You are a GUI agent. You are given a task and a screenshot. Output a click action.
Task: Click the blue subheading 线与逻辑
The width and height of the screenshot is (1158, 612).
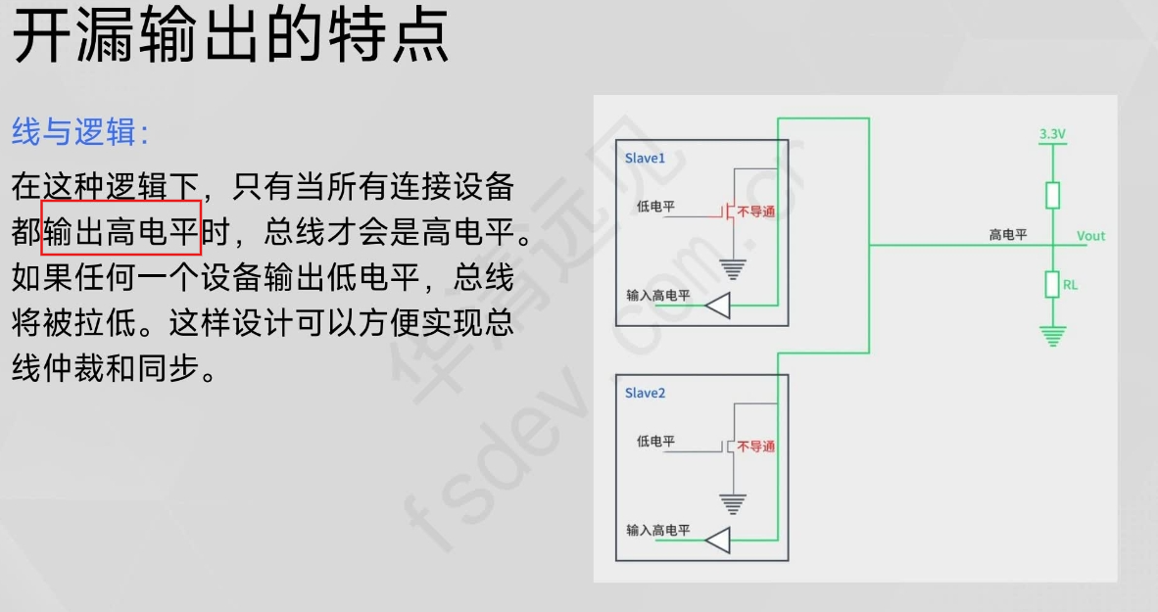click(x=80, y=132)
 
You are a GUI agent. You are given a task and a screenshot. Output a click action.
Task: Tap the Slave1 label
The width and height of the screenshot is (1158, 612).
click(x=645, y=158)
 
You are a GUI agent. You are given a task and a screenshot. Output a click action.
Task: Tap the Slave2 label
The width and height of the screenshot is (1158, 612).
click(x=645, y=393)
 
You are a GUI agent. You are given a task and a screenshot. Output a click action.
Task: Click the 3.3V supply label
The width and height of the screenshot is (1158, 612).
click(x=1052, y=132)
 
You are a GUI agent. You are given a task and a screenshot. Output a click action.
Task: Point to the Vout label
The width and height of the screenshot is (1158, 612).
click(x=1090, y=236)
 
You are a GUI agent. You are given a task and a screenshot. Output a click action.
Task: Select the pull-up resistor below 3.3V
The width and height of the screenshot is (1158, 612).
click(x=1052, y=195)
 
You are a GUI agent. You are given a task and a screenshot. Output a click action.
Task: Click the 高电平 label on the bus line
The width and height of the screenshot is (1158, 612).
click(x=1007, y=235)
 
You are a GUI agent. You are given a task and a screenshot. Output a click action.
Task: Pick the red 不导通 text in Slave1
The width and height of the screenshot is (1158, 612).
click(x=755, y=212)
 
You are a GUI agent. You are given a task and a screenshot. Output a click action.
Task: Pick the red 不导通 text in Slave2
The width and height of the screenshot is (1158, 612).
click(x=755, y=447)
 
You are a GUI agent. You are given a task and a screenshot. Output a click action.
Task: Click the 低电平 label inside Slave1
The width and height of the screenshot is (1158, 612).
click(x=655, y=207)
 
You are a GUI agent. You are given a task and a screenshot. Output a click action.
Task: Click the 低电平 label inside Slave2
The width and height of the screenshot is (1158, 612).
click(x=655, y=442)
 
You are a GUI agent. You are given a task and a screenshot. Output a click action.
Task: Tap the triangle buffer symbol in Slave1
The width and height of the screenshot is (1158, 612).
click(x=718, y=306)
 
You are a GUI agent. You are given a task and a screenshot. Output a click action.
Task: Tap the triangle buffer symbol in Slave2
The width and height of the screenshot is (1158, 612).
click(x=718, y=541)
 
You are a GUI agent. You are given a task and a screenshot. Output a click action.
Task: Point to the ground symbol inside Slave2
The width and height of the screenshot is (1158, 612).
click(x=732, y=503)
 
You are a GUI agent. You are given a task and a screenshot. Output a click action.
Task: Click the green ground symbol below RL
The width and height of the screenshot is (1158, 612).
click(x=1052, y=337)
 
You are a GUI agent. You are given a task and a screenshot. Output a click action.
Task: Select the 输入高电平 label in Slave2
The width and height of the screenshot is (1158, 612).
click(x=657, y=531)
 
